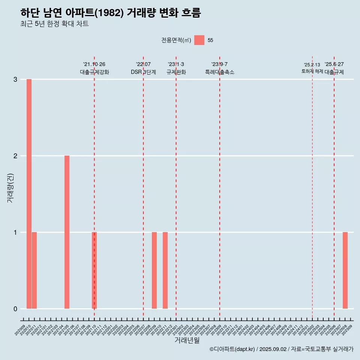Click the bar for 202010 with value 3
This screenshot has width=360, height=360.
[x=29, y=194]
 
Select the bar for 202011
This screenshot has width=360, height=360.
[x=34, y=270]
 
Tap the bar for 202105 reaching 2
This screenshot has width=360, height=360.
[x=67, y=232]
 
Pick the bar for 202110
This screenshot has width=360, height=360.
[x=94, y=270]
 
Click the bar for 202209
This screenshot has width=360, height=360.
[x=154, y=270]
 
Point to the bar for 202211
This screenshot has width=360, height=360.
[x=165, y=270]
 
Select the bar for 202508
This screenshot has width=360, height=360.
[x=345, y=270]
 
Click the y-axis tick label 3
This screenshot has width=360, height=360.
[x=15, y=79]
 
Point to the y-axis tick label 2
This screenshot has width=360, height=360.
[x=15, y=156]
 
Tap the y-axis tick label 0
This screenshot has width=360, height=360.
[x=15, y=309]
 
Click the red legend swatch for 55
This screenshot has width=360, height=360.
[x=199, y=40]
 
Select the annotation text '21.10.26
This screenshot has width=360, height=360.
[x=94, y=64]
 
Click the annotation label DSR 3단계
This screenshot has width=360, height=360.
[x=143, y=72]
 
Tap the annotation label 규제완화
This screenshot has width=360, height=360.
[x=176, y=72]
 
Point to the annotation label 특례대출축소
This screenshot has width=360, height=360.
[x=220, y=72]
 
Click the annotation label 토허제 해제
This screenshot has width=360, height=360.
[x=312, y=71]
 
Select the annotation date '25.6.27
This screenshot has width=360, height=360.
[x=334, y=64]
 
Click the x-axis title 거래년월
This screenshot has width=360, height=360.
[x=187, y=340]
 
